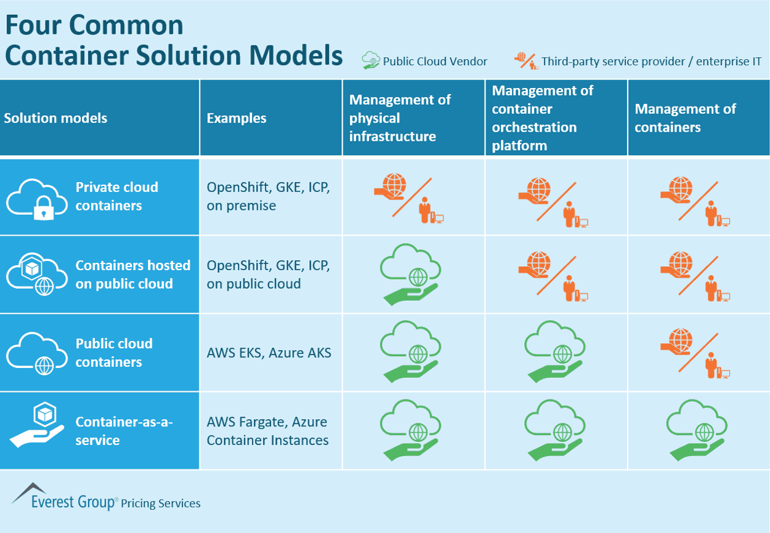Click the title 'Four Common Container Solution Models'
[173, 41]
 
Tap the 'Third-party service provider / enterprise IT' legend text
[651, 61]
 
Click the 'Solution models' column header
[55, 118]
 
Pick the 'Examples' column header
[237, 118]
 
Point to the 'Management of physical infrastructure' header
[400, 118]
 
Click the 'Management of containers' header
[685, 118]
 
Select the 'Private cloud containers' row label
[116, 196]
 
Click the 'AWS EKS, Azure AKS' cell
[269, 353]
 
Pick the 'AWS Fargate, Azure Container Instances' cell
[267, 431]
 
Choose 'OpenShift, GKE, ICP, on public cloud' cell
[269, 275]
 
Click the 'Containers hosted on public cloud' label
[132, 275]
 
